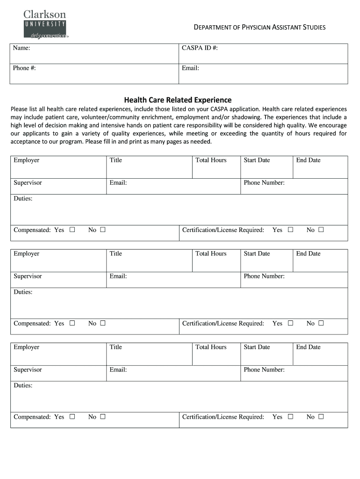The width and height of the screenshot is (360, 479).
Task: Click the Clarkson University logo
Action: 45,24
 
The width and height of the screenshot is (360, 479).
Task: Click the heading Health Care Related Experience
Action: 178,100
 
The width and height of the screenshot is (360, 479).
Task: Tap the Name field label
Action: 22,48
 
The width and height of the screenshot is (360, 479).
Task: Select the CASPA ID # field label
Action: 200,48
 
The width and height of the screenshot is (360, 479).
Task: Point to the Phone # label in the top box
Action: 24,68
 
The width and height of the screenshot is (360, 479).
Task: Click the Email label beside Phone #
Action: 190,68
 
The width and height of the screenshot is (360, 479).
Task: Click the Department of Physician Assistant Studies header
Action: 259,27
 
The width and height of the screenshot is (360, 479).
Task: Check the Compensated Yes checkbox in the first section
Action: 72,230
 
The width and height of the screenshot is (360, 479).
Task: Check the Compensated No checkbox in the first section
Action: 103,230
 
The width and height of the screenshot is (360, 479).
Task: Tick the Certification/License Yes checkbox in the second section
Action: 290,323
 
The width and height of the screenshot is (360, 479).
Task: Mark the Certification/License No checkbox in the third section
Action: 321,417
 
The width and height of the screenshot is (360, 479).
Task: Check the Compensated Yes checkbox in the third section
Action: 72,417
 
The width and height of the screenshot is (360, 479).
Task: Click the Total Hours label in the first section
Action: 211,160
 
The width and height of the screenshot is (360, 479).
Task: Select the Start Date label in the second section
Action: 257,254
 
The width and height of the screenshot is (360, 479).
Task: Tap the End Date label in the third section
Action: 308,347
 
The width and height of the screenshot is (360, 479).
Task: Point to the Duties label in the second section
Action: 23,292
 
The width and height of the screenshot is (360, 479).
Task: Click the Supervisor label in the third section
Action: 28,370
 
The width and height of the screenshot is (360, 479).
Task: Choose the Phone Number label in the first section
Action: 264,182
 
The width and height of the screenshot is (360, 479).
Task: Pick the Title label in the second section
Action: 115,254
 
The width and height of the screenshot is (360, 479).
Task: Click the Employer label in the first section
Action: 26,160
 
